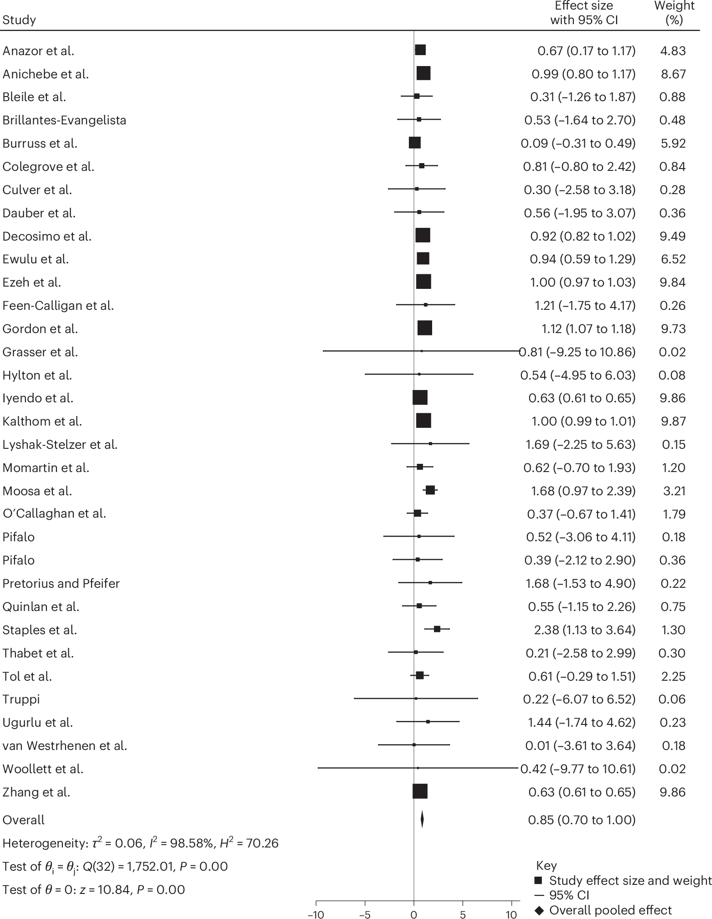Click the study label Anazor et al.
tap(38, 51)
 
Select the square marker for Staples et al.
tap(437, 629)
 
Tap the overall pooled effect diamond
tap(422, 819)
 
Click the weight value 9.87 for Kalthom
tap(672, 421)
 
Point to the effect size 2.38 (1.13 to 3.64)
tap(584, 630)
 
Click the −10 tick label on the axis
tap(316, 914)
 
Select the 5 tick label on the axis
tap(463, 914)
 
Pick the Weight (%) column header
tap(674, 13)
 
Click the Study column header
tap(19, 21)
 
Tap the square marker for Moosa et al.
tap(430, 490)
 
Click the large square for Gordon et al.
tap(424, 328)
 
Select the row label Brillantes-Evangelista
tap(64, 120)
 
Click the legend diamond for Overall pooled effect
tap(540, 910)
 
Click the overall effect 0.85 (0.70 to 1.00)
tap(581, 820)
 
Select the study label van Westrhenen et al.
tap(65, 745)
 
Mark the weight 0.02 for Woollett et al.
tap(672, 769)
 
